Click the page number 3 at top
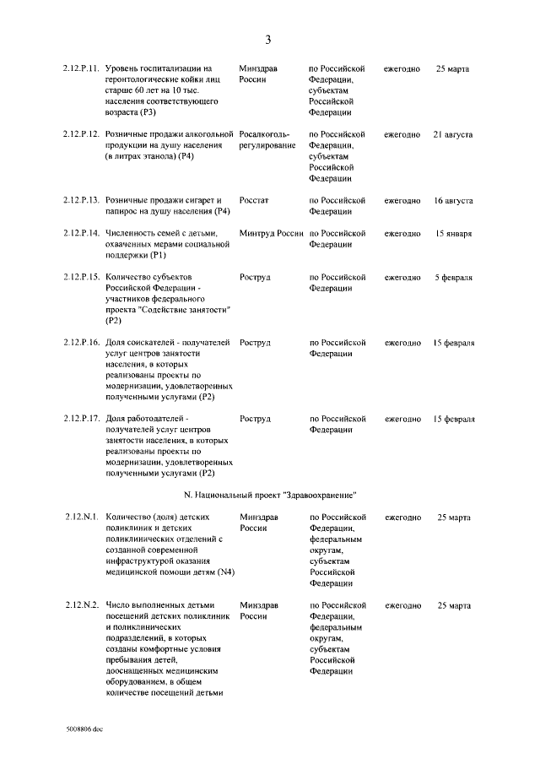268,40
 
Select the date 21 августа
452,134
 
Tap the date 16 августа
452,201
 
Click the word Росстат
254,201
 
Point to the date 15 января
453,233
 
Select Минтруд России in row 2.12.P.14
271,233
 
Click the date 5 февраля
453,277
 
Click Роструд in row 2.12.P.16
255,343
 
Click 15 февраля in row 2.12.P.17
453,419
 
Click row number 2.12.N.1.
83,517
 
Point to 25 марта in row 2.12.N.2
453,605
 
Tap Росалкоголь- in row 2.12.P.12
264,134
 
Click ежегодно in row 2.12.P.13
402,201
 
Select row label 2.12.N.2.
83,605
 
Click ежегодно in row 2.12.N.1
402,517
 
